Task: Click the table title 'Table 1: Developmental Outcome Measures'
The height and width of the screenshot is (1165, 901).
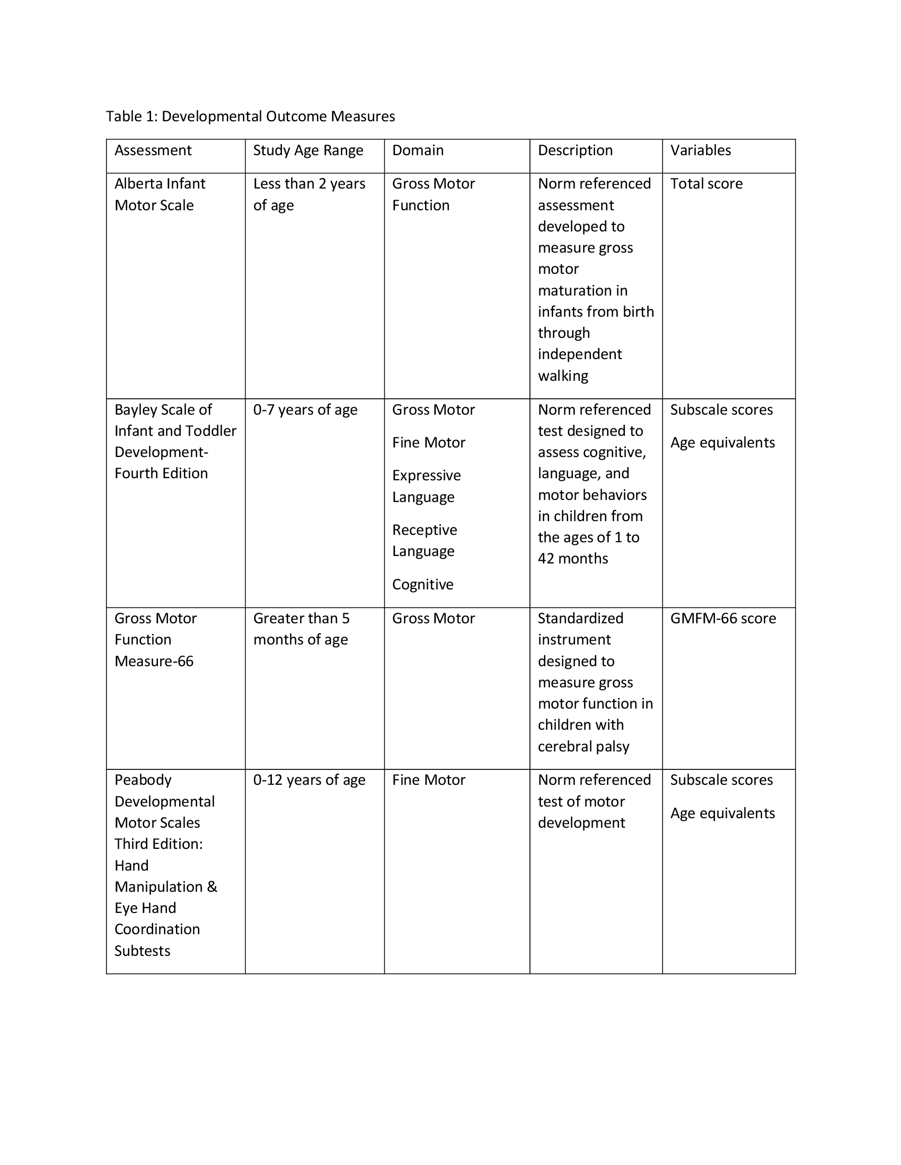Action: (250, 116)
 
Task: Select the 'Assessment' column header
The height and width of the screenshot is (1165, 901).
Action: (153, 150)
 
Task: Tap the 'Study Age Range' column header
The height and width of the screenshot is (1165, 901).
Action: (308, 150)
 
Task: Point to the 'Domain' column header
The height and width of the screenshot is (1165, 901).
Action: (418, 150)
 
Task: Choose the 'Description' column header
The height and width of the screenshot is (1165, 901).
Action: (575, 150)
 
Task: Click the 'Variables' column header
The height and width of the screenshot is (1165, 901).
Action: (700, 150)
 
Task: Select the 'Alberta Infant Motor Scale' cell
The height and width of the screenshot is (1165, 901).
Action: (160, 194)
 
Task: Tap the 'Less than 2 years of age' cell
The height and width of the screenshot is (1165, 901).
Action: (309, 194)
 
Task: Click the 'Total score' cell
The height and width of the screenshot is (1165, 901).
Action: (706, 184)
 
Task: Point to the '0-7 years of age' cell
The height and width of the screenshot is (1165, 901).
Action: (305, 410)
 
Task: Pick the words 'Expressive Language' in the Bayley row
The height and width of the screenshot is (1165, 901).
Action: (427, 486)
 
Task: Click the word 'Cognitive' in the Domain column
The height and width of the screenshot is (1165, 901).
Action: (423, 584)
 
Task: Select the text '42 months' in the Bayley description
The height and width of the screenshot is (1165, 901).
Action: (573, 559)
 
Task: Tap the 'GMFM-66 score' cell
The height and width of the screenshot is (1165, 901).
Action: (723, 618)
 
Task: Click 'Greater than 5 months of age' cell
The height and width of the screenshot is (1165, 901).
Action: (301, 629)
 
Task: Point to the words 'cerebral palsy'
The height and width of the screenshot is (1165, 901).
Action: (584, 746)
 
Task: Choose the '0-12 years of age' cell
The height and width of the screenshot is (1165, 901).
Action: (309, 780)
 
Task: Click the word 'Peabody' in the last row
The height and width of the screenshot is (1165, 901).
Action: (143, 780)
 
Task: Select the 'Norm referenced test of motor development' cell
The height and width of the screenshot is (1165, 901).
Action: (594, 801)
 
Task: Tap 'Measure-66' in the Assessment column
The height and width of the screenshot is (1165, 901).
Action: (154, 661)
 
